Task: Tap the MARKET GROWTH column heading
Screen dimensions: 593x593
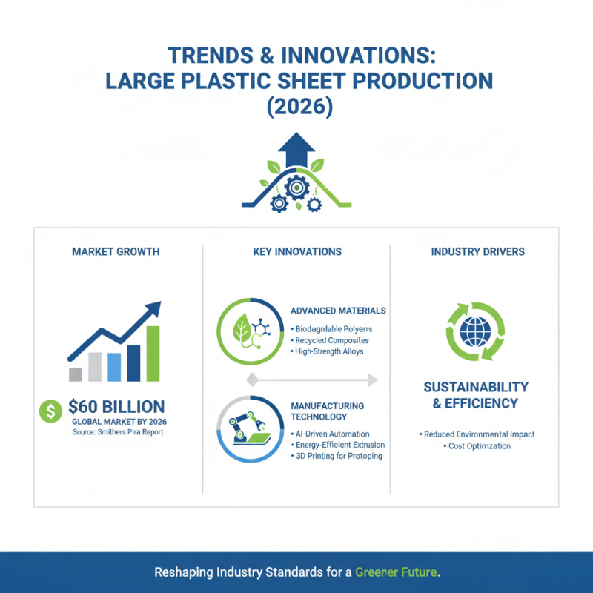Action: (x=116, y=252)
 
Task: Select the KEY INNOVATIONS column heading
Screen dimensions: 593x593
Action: (x=296, y=252)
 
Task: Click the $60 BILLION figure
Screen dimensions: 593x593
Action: (x=116, y=406)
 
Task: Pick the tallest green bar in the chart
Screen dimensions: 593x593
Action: (x=153, y=353)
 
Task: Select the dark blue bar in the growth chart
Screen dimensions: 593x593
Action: (x=133, y=362)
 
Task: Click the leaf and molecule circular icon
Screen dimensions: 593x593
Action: (x=250, y=331)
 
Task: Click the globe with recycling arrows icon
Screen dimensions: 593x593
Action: (x=474, y=331)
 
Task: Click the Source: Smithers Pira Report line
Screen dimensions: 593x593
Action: (x=118, y=431)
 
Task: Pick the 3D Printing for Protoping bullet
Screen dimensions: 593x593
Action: (x=337, y=456)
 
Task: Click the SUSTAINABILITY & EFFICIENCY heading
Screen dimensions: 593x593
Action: (x=475, y=395)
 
